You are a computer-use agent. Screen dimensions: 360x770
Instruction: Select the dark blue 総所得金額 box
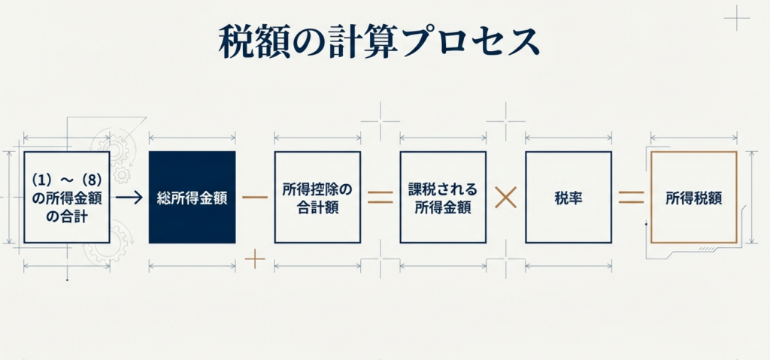[192, 197]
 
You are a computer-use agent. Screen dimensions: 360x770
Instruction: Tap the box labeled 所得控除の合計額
[317, 197]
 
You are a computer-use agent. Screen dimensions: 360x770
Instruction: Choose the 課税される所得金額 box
[443, 197]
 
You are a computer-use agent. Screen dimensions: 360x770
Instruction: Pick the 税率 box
[568, 197]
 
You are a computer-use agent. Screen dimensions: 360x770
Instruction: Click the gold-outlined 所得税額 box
[693, 197]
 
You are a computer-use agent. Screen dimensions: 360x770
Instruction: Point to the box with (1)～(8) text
[67, 197]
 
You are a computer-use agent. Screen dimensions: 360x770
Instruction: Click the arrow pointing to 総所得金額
[129, 198]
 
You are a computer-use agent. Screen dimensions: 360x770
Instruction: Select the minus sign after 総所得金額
[256, 198]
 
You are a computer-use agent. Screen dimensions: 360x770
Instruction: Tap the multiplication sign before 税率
[506, 198]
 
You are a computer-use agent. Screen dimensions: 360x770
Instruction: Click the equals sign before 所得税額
[631, 198]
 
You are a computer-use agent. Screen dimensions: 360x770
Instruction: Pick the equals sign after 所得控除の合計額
[380, 198]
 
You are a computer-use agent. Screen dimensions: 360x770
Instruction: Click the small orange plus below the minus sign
[256, 260]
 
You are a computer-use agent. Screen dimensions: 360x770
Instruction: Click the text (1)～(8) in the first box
[67, 181]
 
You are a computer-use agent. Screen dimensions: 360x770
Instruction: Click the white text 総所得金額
[192, 198]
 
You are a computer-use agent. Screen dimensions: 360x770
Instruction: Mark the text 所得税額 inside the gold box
[693, 198]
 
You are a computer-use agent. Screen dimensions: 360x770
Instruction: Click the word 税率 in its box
[568, 198]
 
